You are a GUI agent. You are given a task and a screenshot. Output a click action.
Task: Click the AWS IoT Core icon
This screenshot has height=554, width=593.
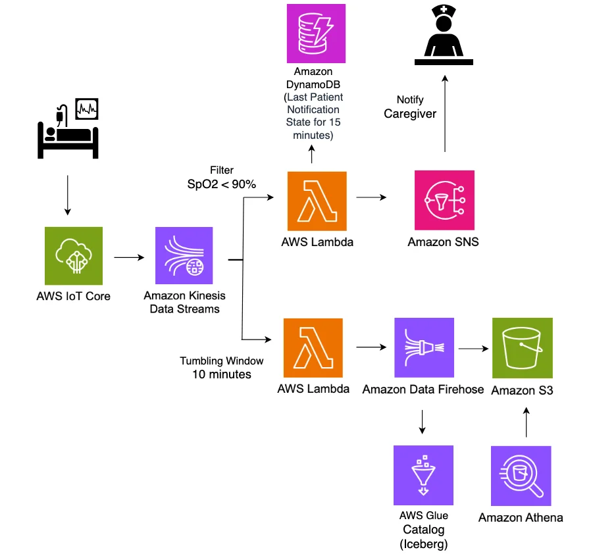74,256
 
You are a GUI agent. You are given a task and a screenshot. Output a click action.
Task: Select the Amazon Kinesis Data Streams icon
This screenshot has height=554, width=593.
184,256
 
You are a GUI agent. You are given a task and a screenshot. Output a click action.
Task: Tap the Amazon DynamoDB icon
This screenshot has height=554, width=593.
316,34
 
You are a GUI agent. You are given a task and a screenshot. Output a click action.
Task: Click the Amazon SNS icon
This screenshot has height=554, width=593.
444,200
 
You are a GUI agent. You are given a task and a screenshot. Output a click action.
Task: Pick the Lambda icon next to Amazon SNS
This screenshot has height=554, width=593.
317,201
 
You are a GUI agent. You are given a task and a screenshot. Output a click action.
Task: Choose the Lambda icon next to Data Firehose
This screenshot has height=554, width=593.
313,348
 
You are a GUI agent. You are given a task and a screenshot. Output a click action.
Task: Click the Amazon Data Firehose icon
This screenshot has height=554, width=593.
425,347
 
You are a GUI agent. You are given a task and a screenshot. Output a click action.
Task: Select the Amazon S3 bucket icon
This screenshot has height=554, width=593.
523,348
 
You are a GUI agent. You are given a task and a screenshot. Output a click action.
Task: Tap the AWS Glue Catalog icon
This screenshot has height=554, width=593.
424,475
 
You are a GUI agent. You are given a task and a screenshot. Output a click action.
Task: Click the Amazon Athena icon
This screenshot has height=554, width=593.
521,476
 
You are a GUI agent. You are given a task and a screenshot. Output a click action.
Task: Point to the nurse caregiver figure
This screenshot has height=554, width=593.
444,35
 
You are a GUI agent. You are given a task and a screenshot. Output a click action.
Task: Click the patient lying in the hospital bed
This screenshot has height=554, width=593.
68,135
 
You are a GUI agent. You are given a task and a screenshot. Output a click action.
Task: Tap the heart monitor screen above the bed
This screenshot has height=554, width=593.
87,109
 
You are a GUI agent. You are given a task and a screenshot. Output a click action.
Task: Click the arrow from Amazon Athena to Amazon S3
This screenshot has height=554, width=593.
526,422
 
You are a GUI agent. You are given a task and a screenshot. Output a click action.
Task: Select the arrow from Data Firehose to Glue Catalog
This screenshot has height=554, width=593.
423,422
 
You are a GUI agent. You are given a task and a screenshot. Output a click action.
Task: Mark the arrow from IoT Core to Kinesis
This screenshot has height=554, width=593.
130,257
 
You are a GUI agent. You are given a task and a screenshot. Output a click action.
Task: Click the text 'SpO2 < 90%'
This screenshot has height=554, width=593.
222,184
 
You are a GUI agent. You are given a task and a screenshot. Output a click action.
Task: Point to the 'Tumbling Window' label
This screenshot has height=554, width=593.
222,361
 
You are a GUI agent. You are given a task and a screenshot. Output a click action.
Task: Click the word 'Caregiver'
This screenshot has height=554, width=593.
410,113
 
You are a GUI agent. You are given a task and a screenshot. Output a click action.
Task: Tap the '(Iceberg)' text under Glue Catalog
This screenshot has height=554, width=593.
424,543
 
